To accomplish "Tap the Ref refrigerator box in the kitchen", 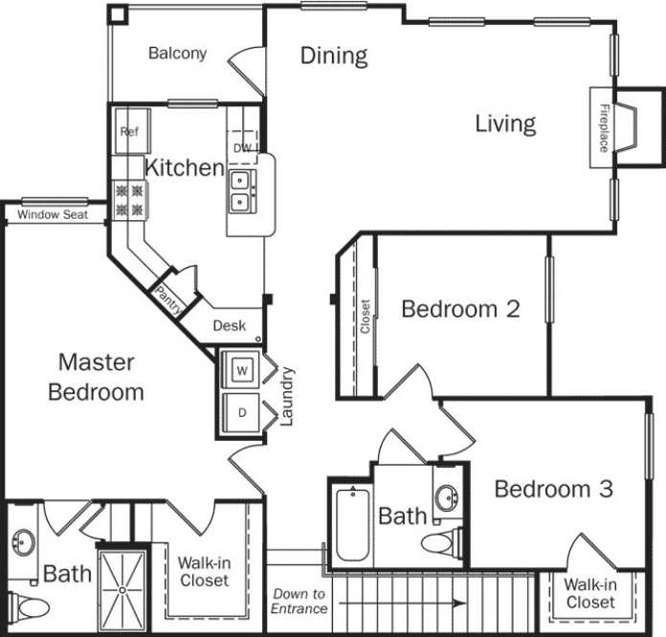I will [x=129, y=133].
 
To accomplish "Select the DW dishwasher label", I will [x=243, y=147].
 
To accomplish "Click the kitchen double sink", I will [x=240, y=189].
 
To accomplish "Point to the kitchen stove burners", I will [x=129, y=199].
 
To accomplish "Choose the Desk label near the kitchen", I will [x=229, y=325].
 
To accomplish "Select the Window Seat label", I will [x=54, y=215].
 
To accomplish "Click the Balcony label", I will [x=177, y=54].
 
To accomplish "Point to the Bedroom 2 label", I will [x=460, y=309].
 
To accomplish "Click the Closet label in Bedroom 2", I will [x=365, y=317].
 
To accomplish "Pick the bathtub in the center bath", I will [x=351, y=525].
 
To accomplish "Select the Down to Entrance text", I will [x=299, y=601].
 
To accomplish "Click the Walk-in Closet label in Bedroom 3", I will [x=590, y=593].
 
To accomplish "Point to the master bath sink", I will [x=23, y=544].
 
